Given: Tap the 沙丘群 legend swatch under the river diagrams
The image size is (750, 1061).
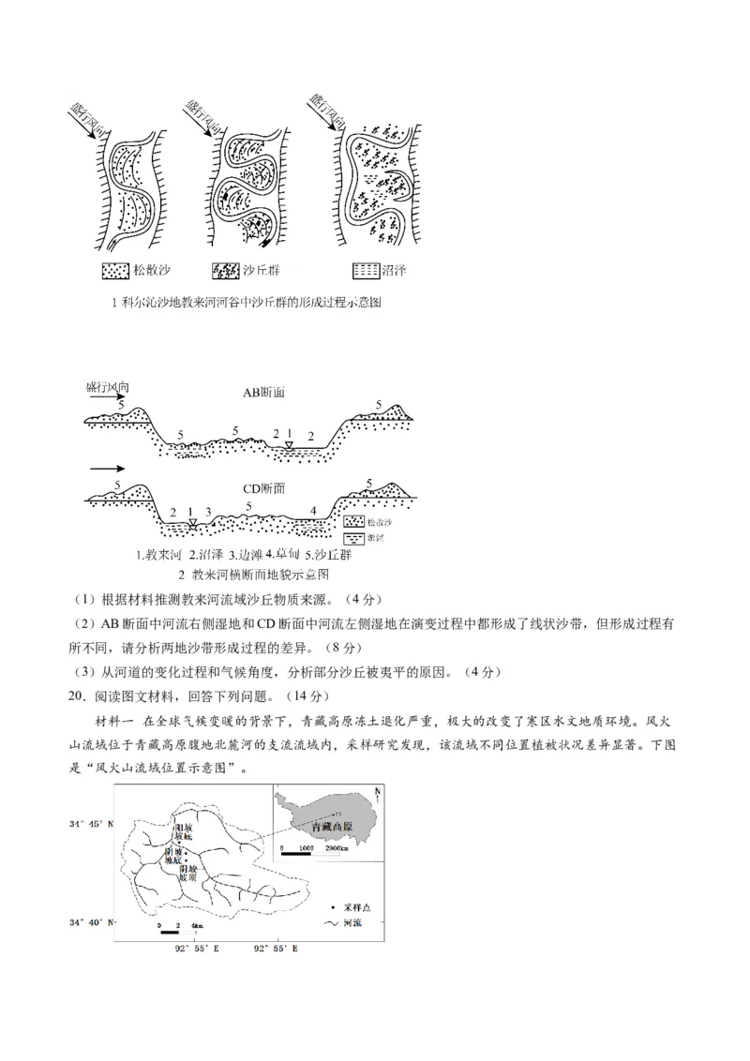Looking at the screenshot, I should (226, 271).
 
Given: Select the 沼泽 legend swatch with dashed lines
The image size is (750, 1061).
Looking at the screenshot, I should (366, 271).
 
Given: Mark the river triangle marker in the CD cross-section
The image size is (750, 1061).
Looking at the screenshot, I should (191, 523).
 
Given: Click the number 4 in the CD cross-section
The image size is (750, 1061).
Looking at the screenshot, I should (313, 512).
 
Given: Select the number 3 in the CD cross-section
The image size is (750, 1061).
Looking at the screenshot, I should (208, 512).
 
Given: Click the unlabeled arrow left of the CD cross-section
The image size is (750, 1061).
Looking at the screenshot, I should (106, 467).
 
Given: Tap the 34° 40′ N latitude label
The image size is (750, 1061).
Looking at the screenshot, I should (90, 922).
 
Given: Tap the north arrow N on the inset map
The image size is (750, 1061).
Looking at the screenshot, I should (376, 796).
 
